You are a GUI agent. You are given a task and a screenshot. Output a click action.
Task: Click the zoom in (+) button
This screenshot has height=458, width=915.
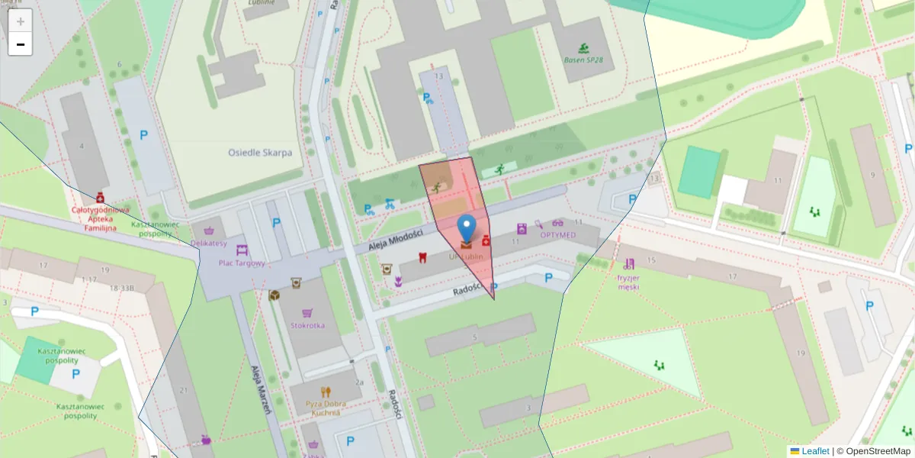[21, 21]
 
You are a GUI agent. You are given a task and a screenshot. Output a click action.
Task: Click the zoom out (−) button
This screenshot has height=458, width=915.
[21, 44]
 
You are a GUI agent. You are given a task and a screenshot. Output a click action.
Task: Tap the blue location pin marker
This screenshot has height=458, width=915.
[467, 229]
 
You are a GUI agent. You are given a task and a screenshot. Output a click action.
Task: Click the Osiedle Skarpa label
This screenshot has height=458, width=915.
[260, 153]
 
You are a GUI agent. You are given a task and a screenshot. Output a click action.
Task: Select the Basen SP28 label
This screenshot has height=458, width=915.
[583, 60]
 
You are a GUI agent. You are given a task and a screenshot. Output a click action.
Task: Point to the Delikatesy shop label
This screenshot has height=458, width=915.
[208, 244]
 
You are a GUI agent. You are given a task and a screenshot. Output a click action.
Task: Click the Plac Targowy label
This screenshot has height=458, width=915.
[242, 263]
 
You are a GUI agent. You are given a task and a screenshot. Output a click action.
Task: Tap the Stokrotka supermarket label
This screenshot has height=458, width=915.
[307, 325]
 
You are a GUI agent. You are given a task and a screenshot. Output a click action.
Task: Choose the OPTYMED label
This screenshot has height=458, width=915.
[558, 234]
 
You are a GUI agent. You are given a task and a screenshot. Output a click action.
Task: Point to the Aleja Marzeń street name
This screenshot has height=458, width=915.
[262, 389]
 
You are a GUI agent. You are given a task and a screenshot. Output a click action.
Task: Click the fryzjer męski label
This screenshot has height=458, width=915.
[629, 282]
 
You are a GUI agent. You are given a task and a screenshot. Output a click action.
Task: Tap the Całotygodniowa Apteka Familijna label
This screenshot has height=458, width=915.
[100, 218]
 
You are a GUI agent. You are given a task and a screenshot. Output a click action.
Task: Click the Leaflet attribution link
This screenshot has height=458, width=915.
[814, 451]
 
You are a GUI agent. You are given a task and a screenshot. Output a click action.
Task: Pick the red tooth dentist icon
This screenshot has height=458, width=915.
[422, 257]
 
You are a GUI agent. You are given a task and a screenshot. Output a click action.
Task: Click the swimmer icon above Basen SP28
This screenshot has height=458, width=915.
[583, 47]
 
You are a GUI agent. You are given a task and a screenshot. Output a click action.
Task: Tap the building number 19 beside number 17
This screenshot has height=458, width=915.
[104, 270]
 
